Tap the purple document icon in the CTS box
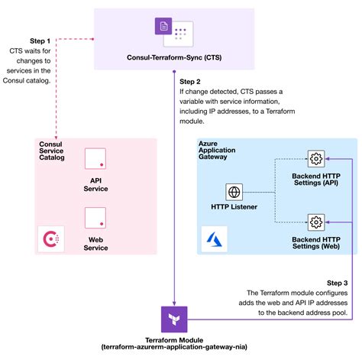coord(164,28)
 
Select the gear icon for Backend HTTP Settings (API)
coord(315,160)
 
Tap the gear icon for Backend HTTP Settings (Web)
coord(315,222)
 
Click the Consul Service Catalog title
coord(52,151)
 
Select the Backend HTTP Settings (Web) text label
coord(315,243)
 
